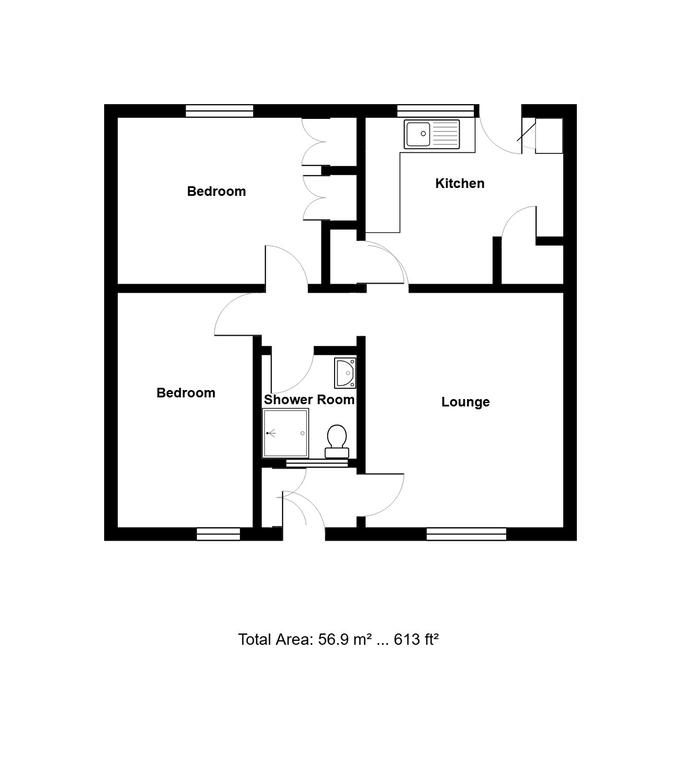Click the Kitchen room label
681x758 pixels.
(x=460, y=183)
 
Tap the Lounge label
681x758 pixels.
(x=465, y=402)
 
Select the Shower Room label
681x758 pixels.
(x=309, y=400)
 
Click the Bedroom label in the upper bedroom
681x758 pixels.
(x=216, y=191)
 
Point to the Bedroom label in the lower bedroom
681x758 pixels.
(x=186, y=393)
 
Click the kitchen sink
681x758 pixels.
(x=432, y=134)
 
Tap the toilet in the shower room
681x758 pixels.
(x=337, y=441)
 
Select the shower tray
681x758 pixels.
(x=285, y=433)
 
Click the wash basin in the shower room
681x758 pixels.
(x=345, y=373)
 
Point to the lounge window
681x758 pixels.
(x=466, y=534)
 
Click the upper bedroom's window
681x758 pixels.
(x=219, y=111)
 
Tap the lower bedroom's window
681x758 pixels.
(x=218, y=534)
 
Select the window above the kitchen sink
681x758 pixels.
(x=435, y=111)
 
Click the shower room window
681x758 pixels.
(x=317, y=463)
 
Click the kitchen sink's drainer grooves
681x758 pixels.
(x=445, y=134)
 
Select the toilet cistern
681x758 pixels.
(x=337, y=453)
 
